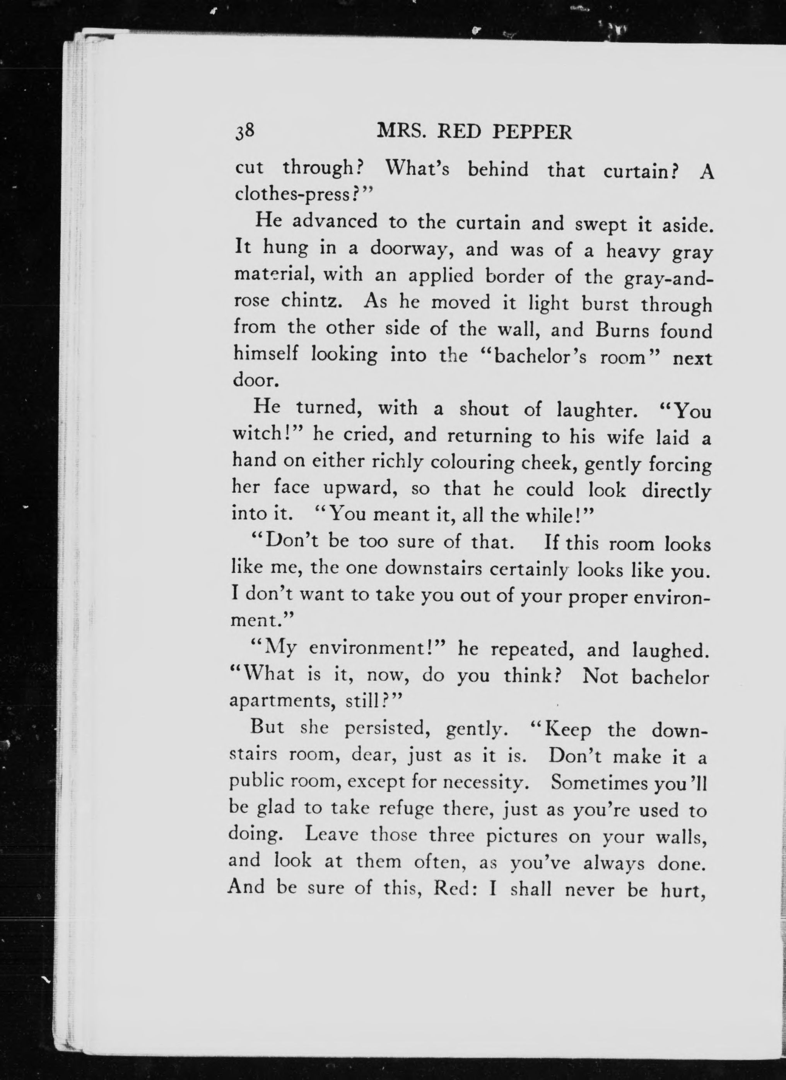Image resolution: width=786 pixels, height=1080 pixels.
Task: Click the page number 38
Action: tap(246, 131)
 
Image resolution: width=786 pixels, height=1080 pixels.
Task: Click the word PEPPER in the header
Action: tap(532, 132)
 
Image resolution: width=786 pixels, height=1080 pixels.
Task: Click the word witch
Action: tap(263, 434)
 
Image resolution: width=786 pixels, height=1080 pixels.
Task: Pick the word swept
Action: tap(601, 223)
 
